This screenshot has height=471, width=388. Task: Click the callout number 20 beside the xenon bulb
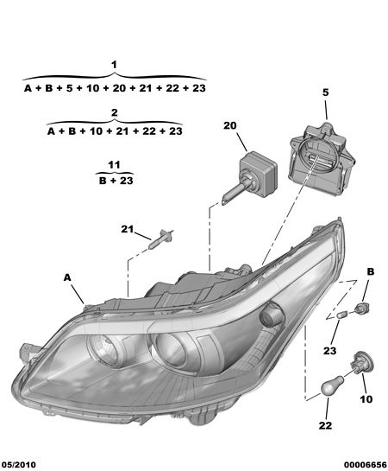click(230, 125)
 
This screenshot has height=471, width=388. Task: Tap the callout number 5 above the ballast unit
click(326, 92)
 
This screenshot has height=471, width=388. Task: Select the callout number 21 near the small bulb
click(128, 229)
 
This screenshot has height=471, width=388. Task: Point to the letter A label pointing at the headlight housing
click(67, 277)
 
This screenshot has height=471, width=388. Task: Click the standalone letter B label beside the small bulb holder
click(371, 271)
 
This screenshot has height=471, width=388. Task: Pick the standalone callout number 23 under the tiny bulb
click(329, 351)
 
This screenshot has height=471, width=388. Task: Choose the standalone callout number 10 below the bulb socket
click(366, 399)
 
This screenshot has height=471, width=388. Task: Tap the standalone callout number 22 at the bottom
click(325, 425)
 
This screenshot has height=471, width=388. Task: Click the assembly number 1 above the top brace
click(114, 65)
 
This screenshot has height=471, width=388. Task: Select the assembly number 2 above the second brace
click(114, 113)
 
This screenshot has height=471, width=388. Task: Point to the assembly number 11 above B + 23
click(114, 164)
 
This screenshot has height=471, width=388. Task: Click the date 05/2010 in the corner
click(19, 465)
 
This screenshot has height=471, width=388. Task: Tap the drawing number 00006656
click(365, 465)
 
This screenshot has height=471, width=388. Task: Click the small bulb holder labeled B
click(361, 309)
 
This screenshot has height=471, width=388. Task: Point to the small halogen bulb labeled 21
click(160, 239)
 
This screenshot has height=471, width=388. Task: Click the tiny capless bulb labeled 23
click(341, 315)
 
